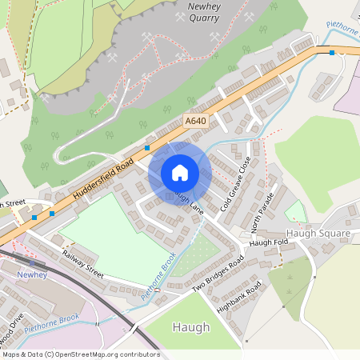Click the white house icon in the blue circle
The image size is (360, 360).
point(180,173)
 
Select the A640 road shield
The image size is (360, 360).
point(194,121)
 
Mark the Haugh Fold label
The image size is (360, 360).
point(267,242)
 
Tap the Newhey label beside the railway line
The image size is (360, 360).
point(33,274)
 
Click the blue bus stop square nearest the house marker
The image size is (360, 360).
point(147,148)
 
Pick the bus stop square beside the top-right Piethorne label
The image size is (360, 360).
point(331,53)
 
